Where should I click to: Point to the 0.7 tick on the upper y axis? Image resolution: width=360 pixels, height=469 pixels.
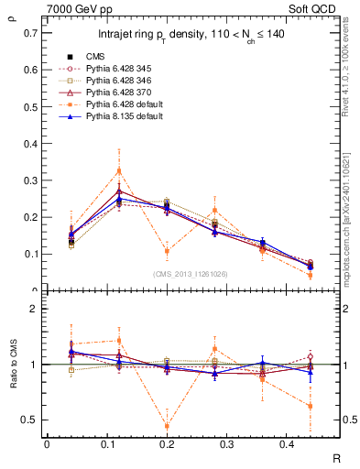tap(31, 32)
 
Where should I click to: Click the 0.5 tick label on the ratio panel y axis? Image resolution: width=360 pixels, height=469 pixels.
tap(31, 420)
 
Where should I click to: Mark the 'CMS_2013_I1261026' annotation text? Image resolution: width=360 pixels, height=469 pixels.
tap(191, 274)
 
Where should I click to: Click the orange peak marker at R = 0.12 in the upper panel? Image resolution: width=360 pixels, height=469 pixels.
tap(118, 170)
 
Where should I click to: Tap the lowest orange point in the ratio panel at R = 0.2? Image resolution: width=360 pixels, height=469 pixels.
tap(167, 425)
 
